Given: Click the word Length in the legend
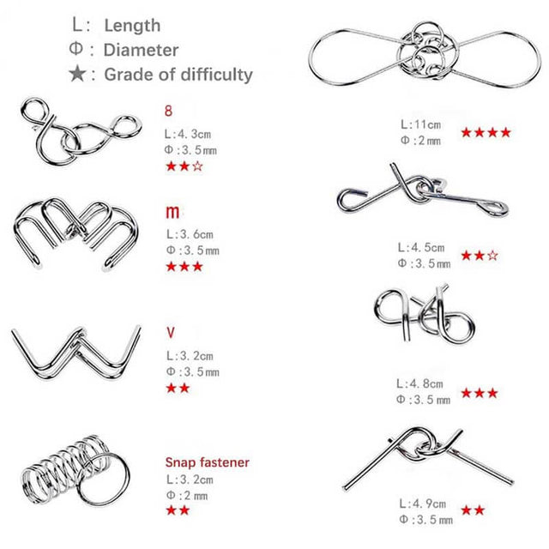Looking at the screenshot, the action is [132, 26].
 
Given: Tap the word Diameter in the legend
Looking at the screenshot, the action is [141, 50].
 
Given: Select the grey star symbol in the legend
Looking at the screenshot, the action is [77, 74].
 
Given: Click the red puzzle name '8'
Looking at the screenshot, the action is [168, 111].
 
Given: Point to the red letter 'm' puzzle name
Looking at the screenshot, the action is [172, 212].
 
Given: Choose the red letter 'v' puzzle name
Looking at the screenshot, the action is [171, 333].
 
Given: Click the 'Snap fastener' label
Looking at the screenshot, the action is [208, 462].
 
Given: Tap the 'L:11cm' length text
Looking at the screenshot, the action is [421, 124].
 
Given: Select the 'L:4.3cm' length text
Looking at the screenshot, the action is [188, 134].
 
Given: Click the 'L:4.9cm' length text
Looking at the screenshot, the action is [423, 504].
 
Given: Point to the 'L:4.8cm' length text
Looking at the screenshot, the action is [419, 383].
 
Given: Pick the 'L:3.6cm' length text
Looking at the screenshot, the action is [190, 234].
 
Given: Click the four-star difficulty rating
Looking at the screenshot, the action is [486, 132].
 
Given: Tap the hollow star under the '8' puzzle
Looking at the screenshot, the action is [197, 166].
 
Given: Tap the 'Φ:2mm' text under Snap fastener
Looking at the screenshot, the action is [187, 496].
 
